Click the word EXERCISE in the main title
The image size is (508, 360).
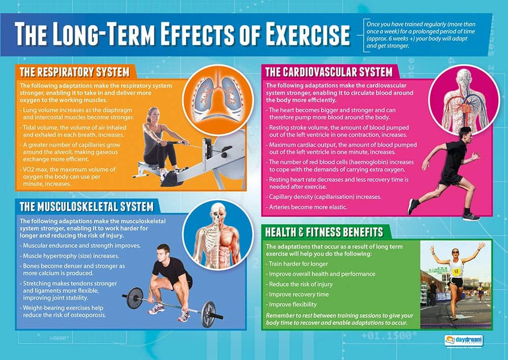pyautogui.click(x=298, y=34)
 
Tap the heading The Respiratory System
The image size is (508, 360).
pyautogui.click(x=74, y=72)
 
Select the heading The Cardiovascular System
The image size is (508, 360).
pyautogui.click(x=329, y=71)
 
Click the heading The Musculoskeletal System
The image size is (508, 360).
pyautogui.click(x=86, y=206)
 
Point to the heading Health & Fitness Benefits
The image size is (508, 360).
pyautogui.click(x=324, y=232)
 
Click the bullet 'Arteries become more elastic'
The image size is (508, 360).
pyautogui.click(x=302, y=207)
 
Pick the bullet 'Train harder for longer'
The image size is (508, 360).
pyautogui.click(x=298, y=264)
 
